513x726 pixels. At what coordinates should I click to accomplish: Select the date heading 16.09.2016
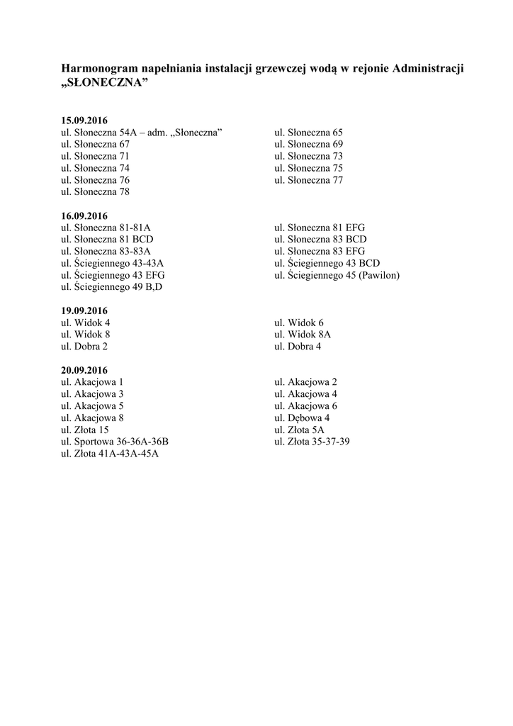coord(84,216)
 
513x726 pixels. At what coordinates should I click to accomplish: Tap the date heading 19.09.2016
coord(84,311)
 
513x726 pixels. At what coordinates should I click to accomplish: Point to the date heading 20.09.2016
coord(84,370)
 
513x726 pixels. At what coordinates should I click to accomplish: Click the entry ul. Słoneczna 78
coord(95,191)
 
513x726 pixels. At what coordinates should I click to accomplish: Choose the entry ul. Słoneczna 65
coord(308,132)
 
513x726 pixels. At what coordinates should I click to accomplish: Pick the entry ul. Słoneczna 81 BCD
coord(107,239)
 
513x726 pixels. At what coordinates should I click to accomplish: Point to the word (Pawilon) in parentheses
coord(379,275)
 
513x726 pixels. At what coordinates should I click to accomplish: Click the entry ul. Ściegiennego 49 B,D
coord(111,287)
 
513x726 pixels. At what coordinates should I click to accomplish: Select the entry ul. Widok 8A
coord(303,335)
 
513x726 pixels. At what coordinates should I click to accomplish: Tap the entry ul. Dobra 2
coord(84,347)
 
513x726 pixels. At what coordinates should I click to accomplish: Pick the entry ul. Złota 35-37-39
coord(312,442)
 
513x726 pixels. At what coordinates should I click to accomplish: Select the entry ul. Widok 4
coord(85,323)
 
